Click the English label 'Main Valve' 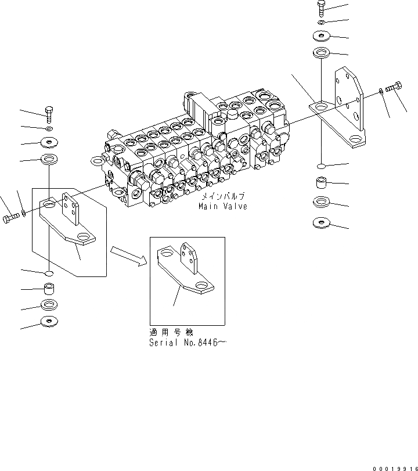222,207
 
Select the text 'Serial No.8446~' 187,343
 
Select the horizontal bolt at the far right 394,87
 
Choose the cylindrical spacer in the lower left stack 49,289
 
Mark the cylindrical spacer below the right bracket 321,184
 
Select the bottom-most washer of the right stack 320,222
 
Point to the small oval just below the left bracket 49,273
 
